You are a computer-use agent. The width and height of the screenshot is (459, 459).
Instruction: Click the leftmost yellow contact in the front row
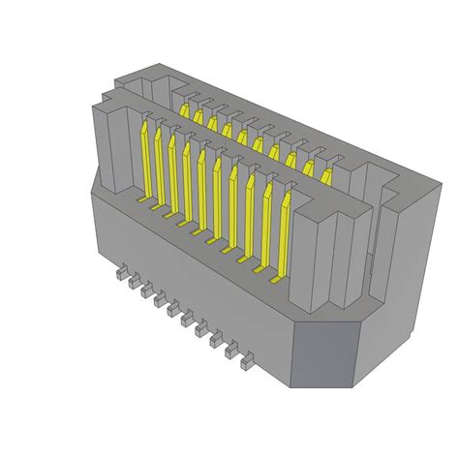[x=146, y=160]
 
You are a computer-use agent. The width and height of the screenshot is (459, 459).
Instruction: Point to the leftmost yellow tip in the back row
[x=184, y=111]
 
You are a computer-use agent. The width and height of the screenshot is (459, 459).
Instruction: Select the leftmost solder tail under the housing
[x=121, y=276]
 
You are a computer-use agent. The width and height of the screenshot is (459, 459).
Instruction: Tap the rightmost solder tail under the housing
[x=246, y=364]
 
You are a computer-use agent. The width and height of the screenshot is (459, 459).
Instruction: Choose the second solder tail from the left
[x=135, y=285]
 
